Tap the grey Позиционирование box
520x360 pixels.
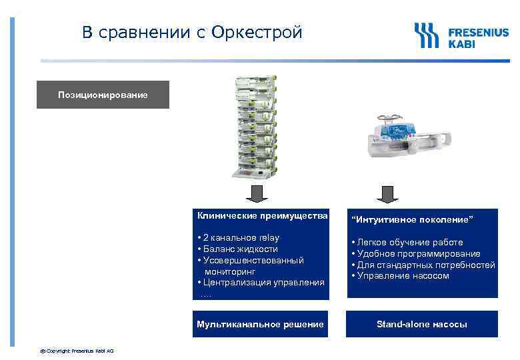click(103, 95)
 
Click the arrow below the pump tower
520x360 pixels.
click(257, 193)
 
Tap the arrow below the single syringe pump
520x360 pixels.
click(385, 193)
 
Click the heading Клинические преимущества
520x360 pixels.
click(262, 216)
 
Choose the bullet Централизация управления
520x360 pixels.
click(261, 283)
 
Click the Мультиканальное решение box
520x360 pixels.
click(260, 325)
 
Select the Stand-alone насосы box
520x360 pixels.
click(421, 325)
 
